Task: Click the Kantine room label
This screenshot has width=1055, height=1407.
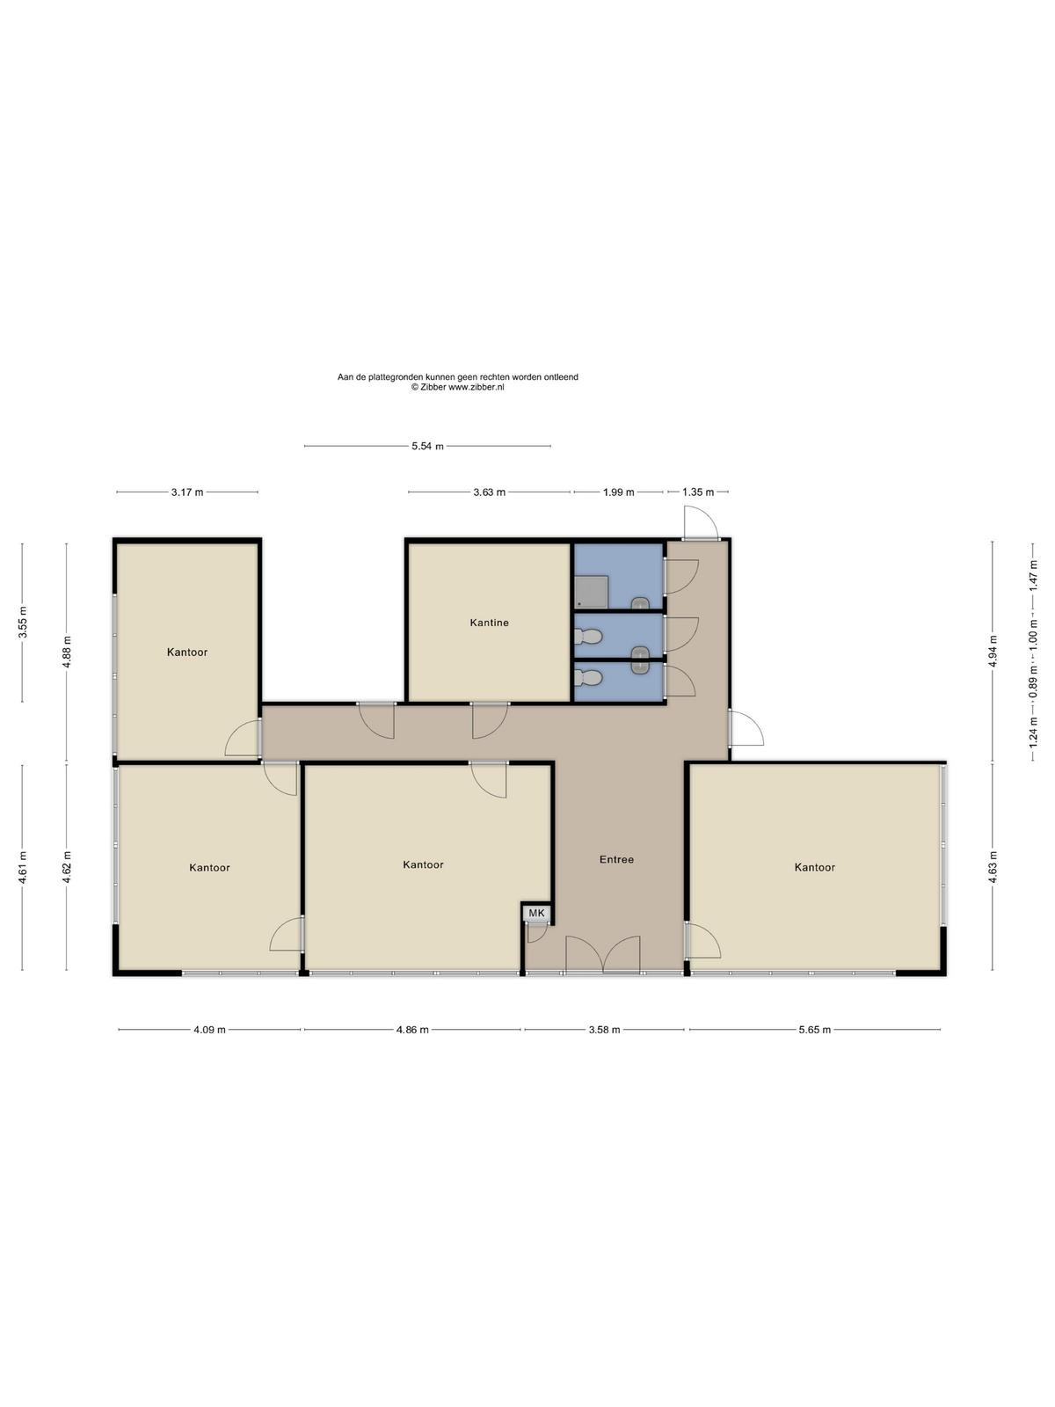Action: (x=489, y=623)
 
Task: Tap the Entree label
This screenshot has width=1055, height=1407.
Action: (x=616, y=859)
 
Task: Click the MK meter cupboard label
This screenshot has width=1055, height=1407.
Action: (x=536, y=913)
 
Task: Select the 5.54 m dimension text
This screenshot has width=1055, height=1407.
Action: (x=427, y=446)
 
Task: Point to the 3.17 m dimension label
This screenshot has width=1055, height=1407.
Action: (x=187, y=492)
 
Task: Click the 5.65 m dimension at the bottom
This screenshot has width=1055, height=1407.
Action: (x=814, y=1030)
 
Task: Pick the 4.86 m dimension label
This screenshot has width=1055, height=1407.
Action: (x=411, y=1030)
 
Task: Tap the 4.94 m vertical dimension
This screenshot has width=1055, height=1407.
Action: (x=993, y=652)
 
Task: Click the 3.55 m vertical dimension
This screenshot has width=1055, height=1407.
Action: (x=23, y=622)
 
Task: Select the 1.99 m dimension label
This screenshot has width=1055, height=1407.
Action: (x=618, y=492)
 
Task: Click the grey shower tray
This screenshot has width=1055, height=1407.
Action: (x=590, y=591)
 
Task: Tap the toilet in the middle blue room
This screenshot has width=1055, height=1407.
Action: (x=588, y=637)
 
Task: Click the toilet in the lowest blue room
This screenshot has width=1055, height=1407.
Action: (x=588, y=677)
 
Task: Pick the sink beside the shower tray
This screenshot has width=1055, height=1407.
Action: (x=640, y=603)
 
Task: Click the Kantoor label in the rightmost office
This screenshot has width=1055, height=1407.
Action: (x=814, y=867)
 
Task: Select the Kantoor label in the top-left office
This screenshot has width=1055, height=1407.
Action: (x=187, y=652)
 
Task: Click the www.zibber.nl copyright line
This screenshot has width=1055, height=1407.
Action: (x=457, y=387)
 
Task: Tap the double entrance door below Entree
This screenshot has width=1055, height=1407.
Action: (x=603, y=954)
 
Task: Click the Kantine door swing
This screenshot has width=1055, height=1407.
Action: (x=490, y=721)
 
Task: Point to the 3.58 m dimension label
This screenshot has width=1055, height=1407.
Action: (x=604, y=1030)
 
